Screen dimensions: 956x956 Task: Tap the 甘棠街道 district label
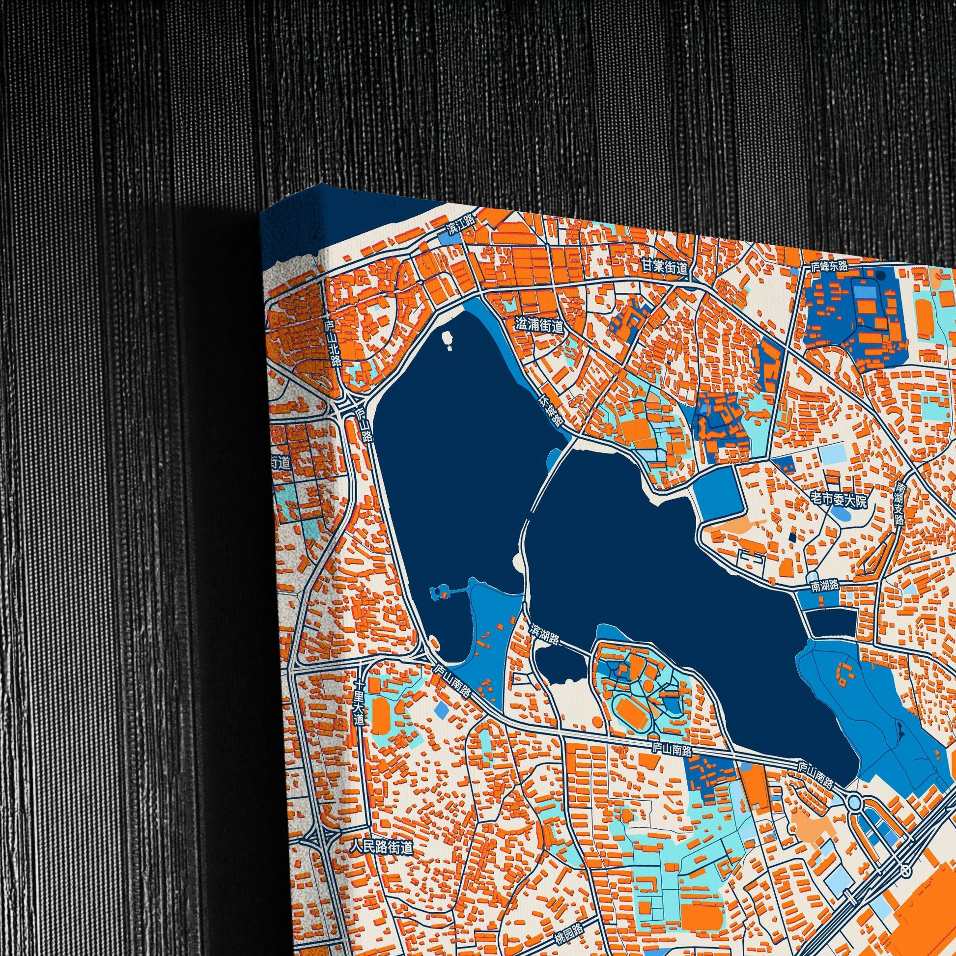(664, 268)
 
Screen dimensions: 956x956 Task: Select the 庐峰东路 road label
(829, 266)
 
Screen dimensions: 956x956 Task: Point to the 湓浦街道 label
(539, 326)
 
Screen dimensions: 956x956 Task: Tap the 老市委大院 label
(839, 501)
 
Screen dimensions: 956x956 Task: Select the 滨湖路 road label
(545, 635)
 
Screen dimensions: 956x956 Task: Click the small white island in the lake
(449, 339)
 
